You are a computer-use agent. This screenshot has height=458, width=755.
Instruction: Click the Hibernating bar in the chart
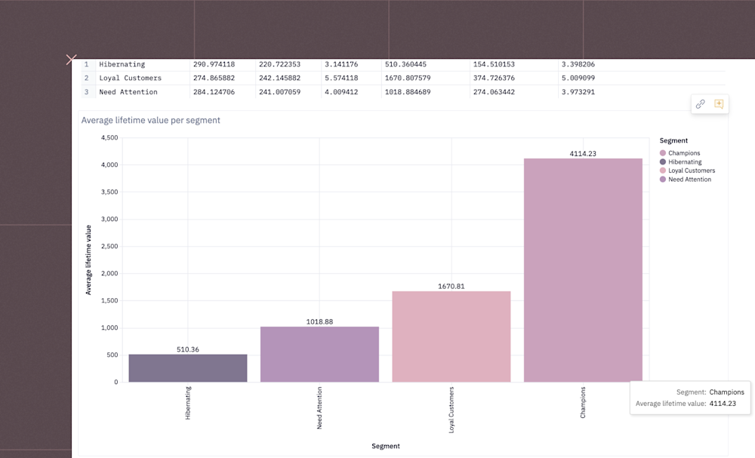pyautogui.click(x=187, y=367)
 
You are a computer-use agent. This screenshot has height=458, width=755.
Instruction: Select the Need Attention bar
pyautogui.click(x=319, y=354)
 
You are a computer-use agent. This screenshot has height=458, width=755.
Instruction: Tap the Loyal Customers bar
pyautogui.click(x=451, y=337)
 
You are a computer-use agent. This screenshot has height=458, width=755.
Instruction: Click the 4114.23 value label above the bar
pyautogui.click(x=583, y=154)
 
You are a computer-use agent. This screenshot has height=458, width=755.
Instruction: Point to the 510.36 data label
pyautogui.click(x=187, y=349)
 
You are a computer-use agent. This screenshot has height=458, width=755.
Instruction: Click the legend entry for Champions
pyautogui.click(x=683, y=153)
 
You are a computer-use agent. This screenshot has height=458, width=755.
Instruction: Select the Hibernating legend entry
pyautogui.click(x=684, y=162)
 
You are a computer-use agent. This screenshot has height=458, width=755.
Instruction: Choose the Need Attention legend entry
pyautogui.click(x=689, y=180)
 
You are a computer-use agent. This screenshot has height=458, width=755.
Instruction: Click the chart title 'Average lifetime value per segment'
pyautogui.click(x=151, y=120)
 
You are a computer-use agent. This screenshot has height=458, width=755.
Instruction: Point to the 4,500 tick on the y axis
pyautogui.click(x=109, y=138)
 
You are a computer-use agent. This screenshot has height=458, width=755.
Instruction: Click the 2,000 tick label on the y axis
pyautogui.click(x=109, y=274)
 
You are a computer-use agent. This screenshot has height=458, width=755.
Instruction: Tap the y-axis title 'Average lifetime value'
pyautogui.click(x=88, y=260)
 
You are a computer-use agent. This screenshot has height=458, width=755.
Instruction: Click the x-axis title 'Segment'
pyautogui.click(x=385, y=446)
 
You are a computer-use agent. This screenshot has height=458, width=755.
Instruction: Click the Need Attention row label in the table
pyautogui.click(x=128, y=92)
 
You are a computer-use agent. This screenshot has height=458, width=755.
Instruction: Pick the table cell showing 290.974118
pyautogui.click(x=214, y=64)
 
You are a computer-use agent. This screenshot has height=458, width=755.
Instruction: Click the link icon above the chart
pyautogui.click(x=700, y=104)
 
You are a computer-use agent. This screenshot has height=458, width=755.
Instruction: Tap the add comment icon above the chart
pyautogui.click(x=719, y=104)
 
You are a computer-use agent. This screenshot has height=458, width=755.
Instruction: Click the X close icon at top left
pyautogui.click(x=71, y=60)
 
